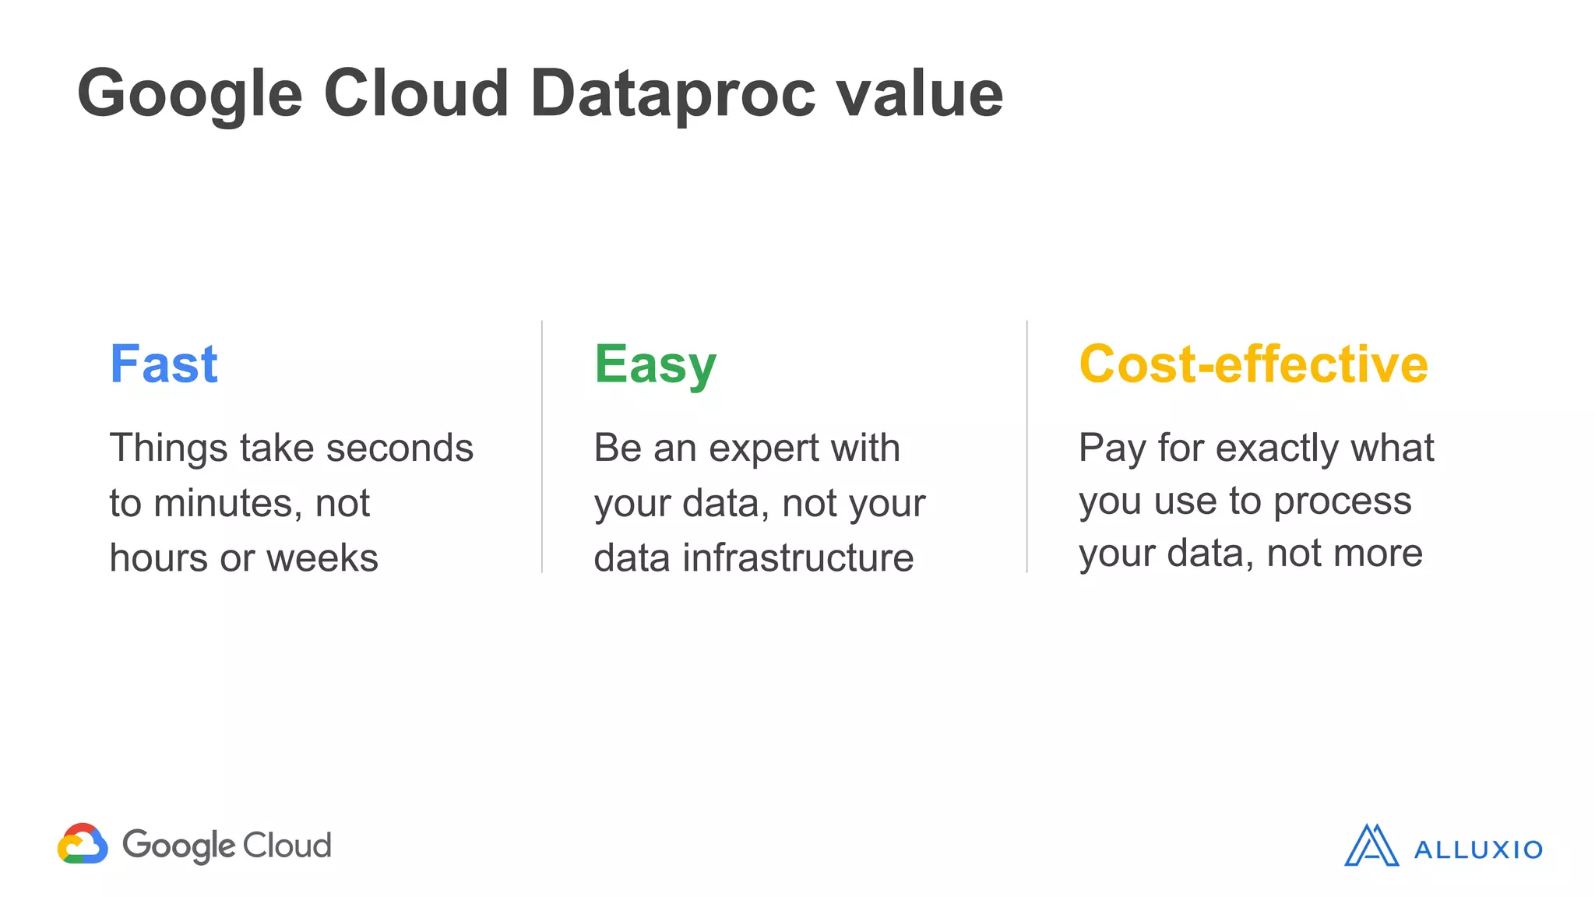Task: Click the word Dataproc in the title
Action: pyautogui.click(x=673, y=93)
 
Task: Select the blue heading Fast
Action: pyautogui.click(x=164, y=364)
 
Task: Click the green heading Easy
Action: pyautogui.click(x=655, y=365)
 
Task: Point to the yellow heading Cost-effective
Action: pyautogui.click(x=1253, y=364)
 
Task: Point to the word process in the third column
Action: pyautogui.click(x=1342, y=501)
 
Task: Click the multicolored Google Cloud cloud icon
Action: pyautogui.click(x=83, y=844)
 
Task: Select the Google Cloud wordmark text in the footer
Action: pyautogui.click(x=227, y=846)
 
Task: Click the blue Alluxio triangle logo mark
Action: pyautogui.click(x=1371, y=846)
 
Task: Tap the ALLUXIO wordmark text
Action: pyautogui.click(x=1477, y=850)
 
